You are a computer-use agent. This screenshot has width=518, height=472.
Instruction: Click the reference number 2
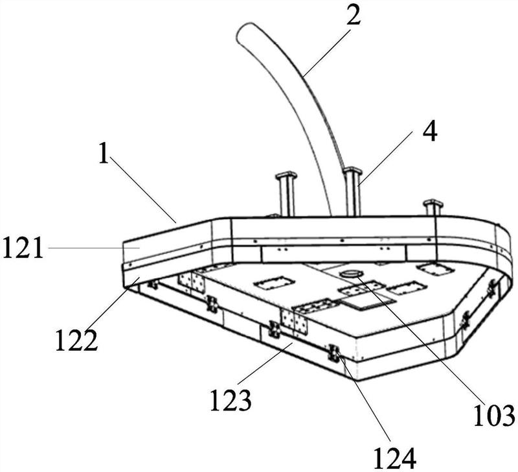353,15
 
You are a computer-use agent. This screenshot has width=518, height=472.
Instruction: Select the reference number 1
104,155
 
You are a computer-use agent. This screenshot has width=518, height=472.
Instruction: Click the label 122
76,341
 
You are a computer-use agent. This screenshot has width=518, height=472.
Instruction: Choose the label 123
231,401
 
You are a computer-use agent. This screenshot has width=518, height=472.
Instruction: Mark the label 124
394,459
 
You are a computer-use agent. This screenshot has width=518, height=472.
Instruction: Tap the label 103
495,416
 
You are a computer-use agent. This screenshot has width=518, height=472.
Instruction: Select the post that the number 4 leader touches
352,192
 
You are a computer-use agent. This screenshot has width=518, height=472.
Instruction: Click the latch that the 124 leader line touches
334,353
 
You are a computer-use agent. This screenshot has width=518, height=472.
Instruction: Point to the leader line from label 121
94,248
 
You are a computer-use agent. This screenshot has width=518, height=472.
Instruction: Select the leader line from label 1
143,190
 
